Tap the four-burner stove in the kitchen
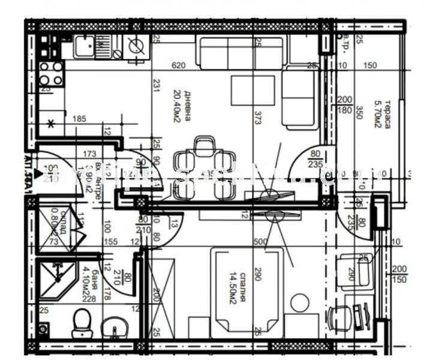pos(51,73)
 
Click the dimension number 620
pos(178,66)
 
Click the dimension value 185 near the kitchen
pos(80,119)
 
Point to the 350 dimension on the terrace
pos(359,112)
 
